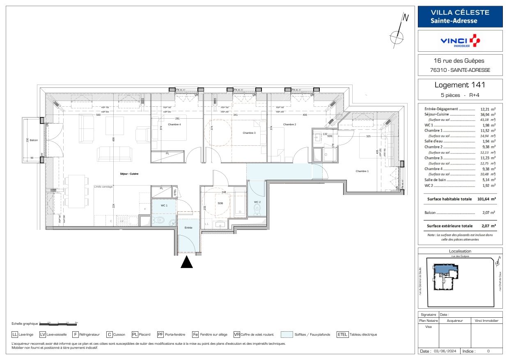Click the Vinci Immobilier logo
pyautogui.click(x=460, y=41)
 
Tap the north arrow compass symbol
pyautogui.click(x=398, y=35)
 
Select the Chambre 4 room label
pyautogui.click(x=174, y=124)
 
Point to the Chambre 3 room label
pyautogui.click(x=249, y=133)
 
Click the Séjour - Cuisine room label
pyautogui.click(x=129, y=174)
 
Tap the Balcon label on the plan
pyautogui.click(x=34, y=140)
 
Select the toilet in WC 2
pyautogui.click(x=257, y=209)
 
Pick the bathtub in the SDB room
pyautogui.click(x=241, y=203)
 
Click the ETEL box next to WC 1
pyautogui.click(x=175, y=191)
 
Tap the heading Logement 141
pyautogui.click(x=460, y=85)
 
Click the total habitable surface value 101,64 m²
pyautogui.click(x=486, y=199)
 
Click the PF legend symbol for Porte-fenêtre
pyautogui.click(x=160, y=334)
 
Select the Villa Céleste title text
pyautogui.click(x=460, y=12)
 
